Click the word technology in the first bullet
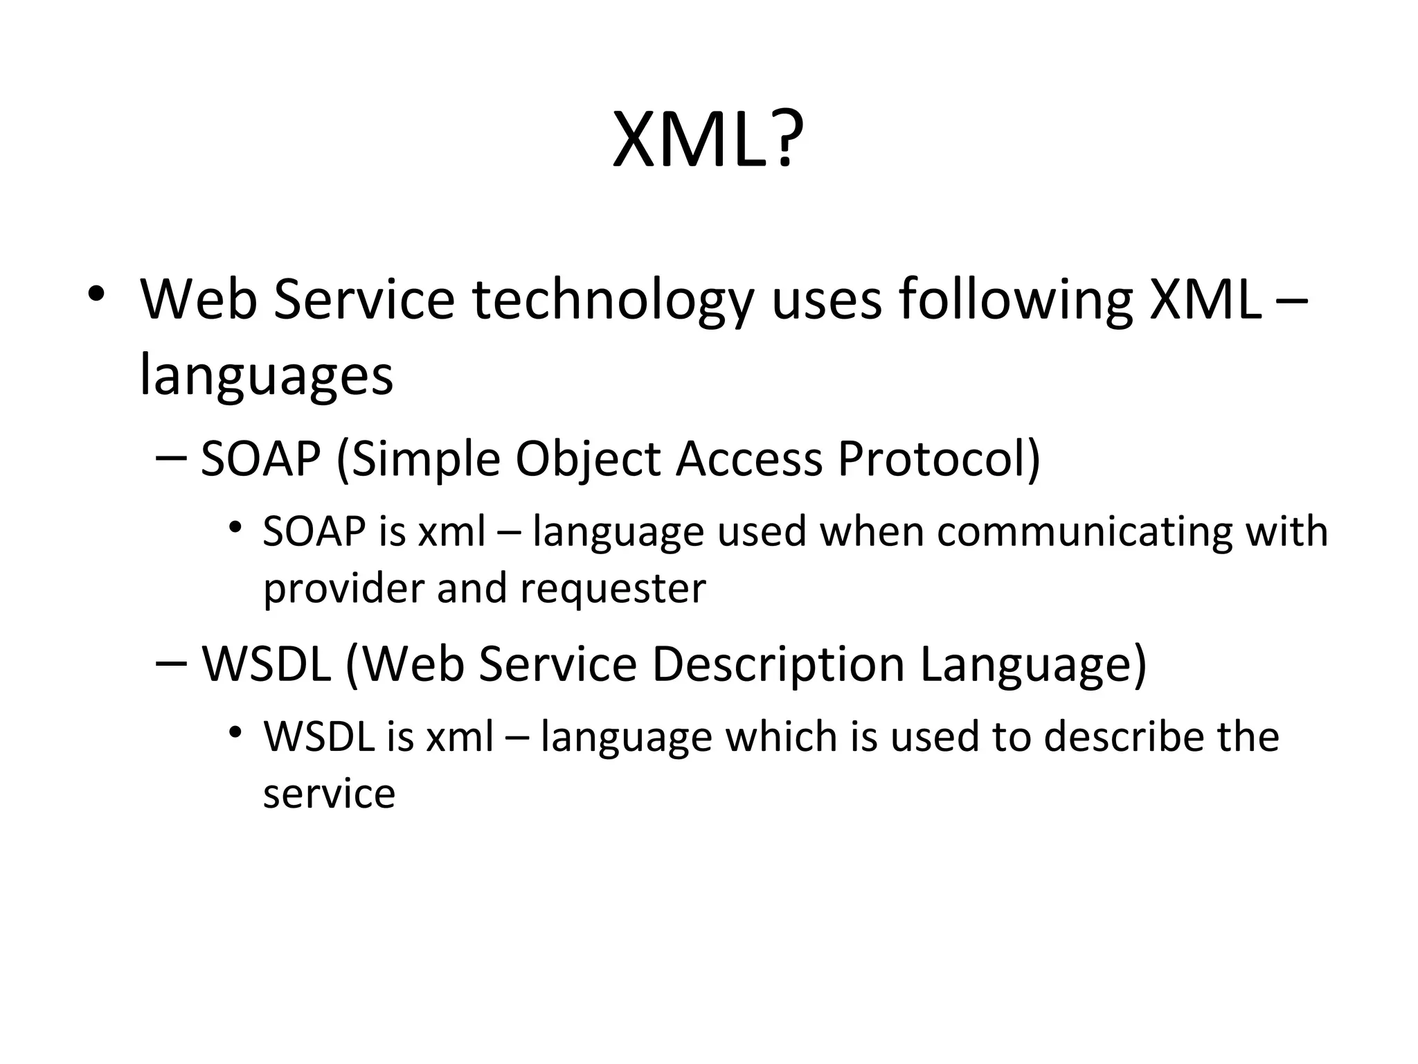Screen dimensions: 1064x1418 [612, 301]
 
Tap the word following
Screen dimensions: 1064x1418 [1015, 301]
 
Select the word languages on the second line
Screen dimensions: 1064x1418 [267, 375]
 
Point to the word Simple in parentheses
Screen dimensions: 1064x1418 [427, 459]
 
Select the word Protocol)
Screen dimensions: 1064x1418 [939, 459]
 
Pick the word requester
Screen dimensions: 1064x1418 [613, 589]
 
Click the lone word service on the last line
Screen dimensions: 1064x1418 [329, 793]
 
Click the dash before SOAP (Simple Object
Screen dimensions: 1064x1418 [172, 458]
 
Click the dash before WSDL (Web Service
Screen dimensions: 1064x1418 [172, 662]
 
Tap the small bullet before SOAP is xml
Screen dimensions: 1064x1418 [236, 528]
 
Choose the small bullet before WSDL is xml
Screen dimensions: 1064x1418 [236, 732]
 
